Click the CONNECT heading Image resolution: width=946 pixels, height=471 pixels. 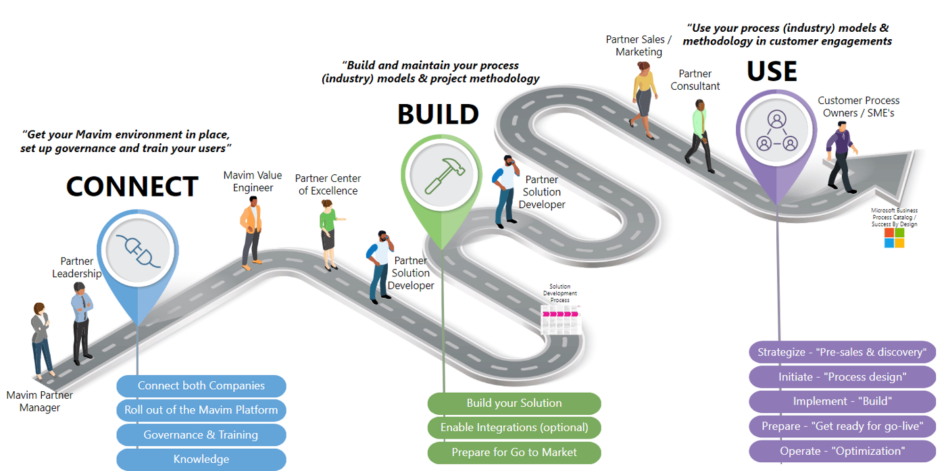pos(132,187)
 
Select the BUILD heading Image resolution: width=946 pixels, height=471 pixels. pos(438,114)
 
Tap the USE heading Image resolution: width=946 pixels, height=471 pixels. pos(772,71)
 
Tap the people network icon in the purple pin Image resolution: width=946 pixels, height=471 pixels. pos(776,130)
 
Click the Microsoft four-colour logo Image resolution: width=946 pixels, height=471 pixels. pos(894,238)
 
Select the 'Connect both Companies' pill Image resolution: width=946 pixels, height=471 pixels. pos(201,386)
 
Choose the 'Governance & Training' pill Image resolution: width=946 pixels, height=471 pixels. pos(201,435)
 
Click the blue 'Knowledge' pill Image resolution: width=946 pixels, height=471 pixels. pos(201,459)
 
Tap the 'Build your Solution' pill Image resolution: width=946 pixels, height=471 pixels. pos(514,403)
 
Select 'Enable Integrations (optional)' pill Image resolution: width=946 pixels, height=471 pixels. pos(514,427)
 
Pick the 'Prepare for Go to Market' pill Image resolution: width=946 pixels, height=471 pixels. pos(514,451)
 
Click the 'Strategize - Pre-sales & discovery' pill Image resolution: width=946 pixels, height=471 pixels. pos(842,352)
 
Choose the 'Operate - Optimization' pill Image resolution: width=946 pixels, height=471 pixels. pos(842,451)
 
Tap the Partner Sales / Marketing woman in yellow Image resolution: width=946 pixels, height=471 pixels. pos(643,99)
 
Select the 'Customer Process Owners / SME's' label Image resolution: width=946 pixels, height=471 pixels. pos(858,107)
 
